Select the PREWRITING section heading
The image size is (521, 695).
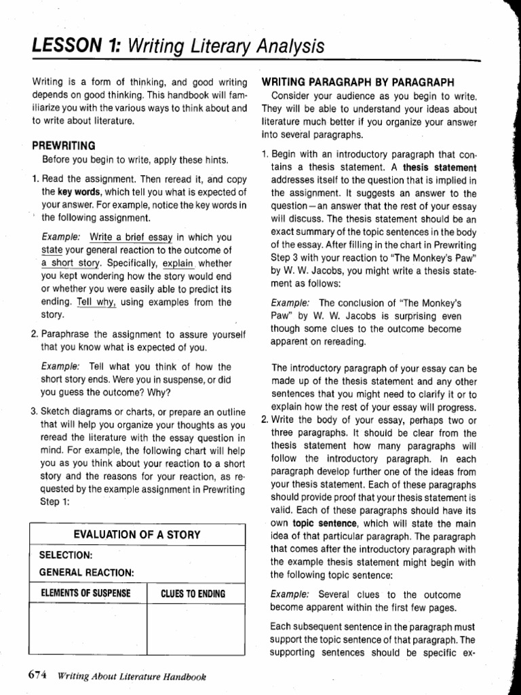64,146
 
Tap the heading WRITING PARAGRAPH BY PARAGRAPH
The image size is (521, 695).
358,81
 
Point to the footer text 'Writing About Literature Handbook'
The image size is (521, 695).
132,676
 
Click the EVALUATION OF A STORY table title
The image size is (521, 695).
136,534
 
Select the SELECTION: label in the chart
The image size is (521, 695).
66,555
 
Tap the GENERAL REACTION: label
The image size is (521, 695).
86,572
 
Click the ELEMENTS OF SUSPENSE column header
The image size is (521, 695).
85,593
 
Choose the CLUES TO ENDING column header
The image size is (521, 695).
193,594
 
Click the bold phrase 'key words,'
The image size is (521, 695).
75,192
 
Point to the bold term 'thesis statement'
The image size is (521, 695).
440,168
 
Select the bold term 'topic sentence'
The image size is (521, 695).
325,523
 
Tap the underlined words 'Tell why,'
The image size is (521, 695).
97,302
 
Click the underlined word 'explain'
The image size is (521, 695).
178,263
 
